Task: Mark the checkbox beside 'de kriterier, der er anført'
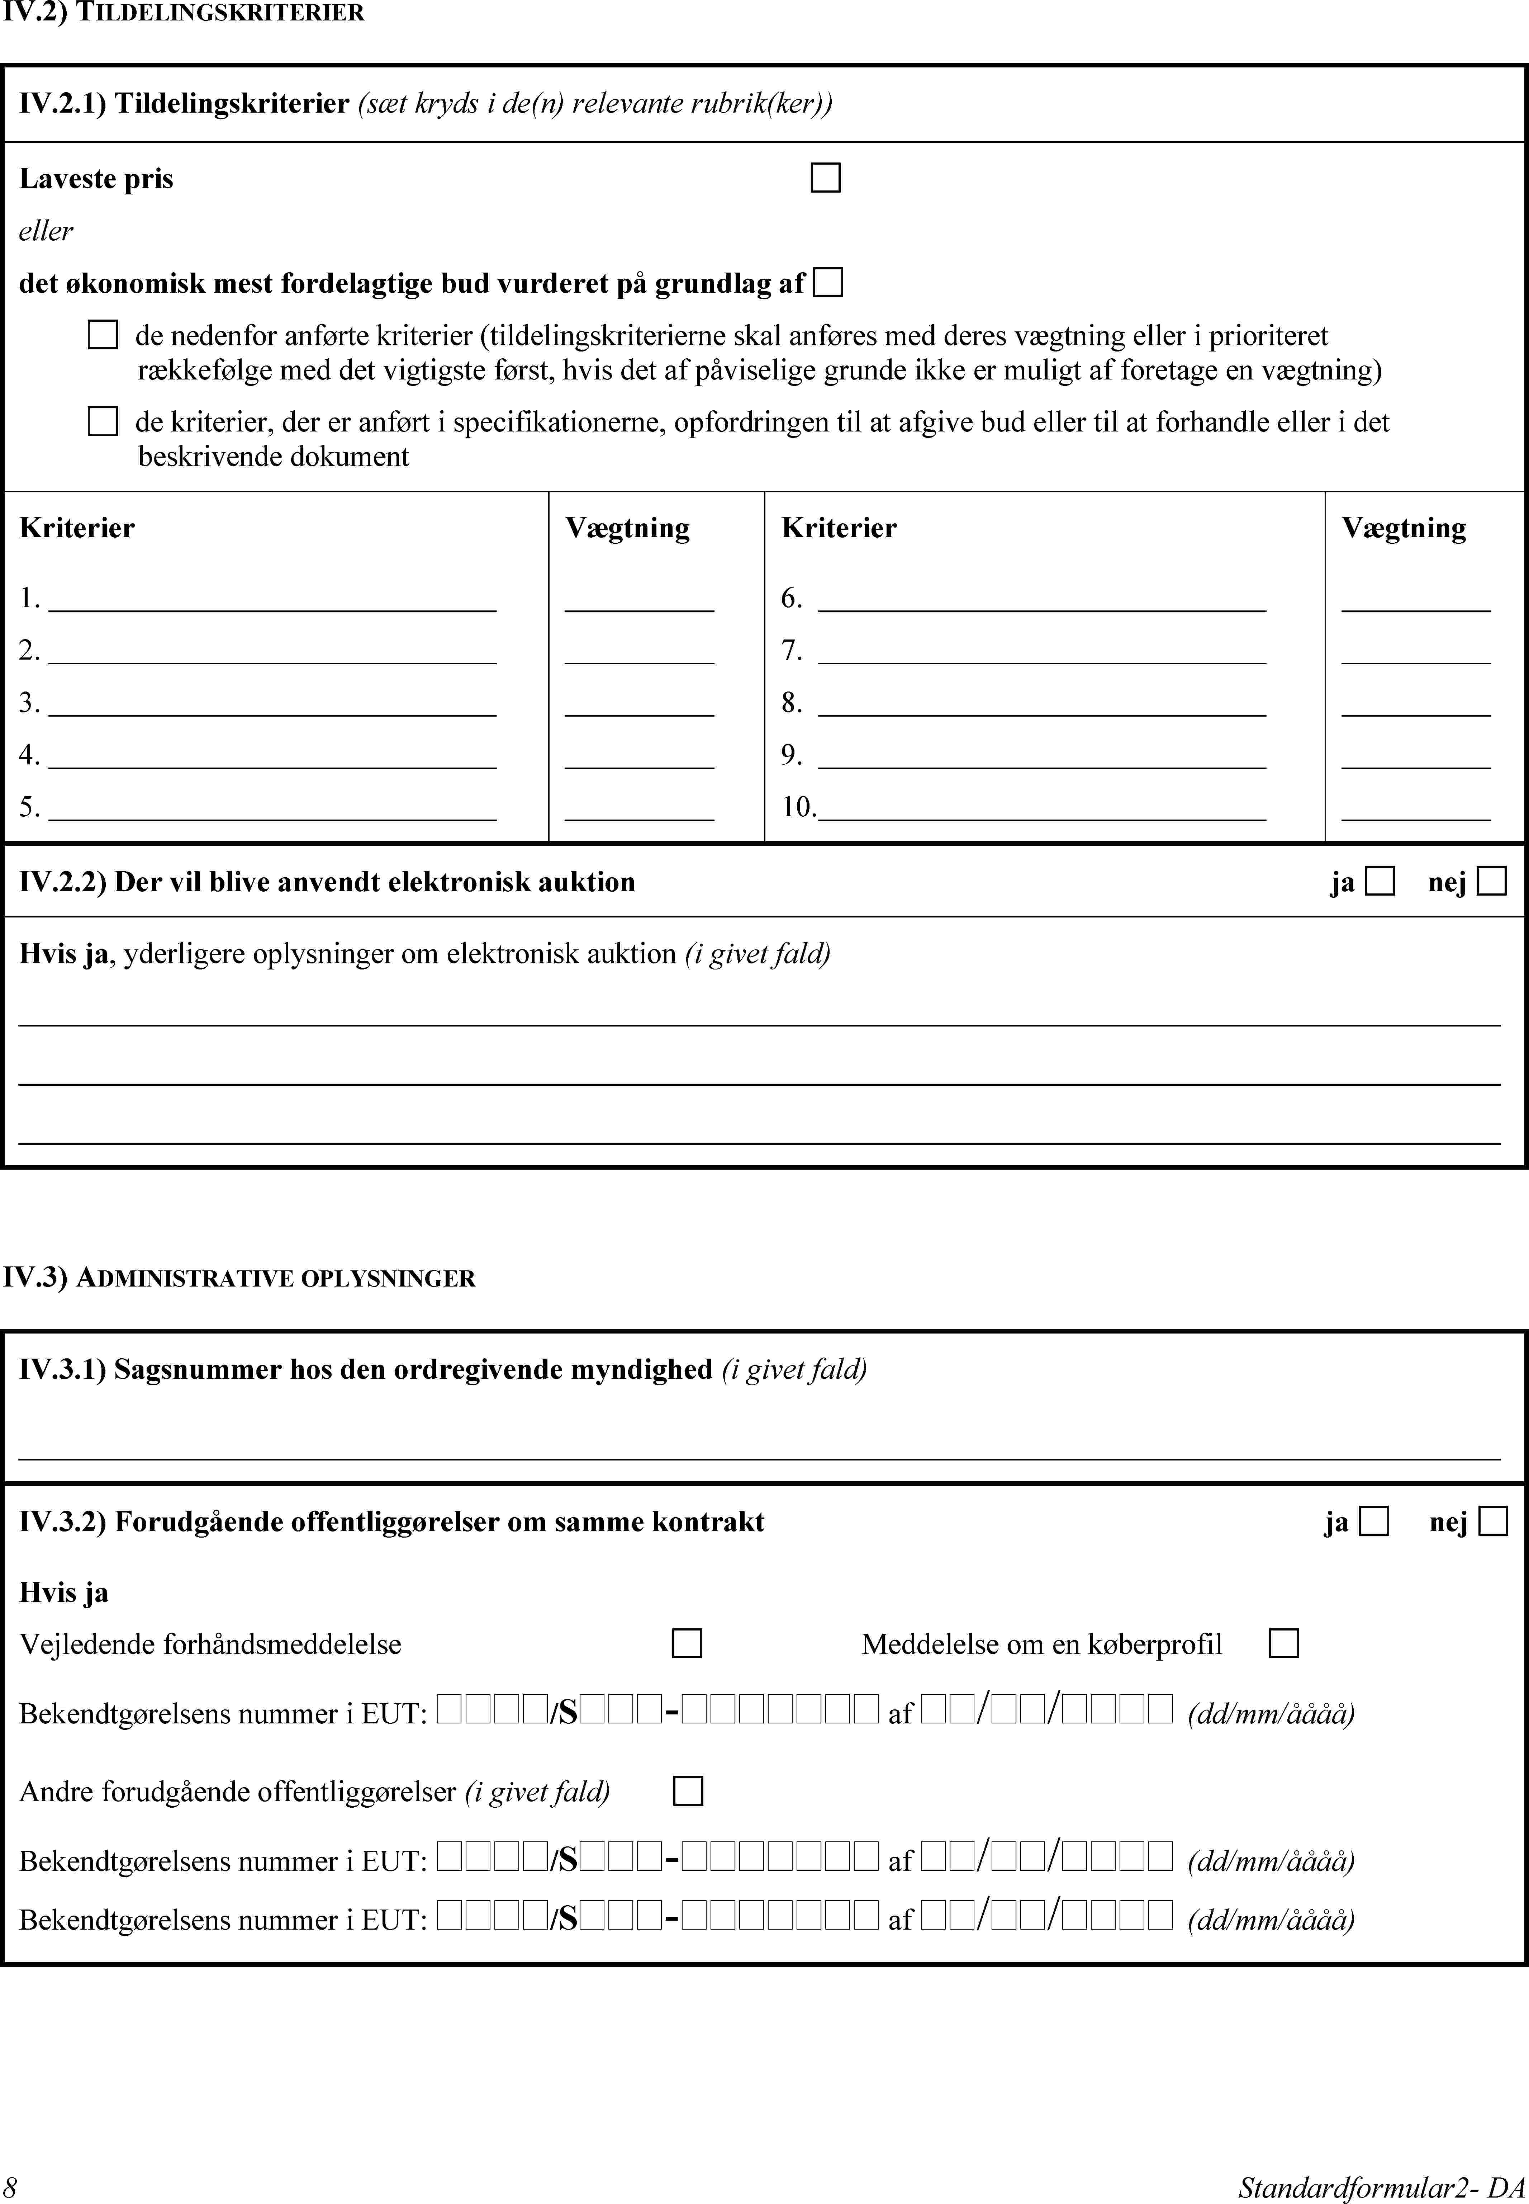(x=103, y=422)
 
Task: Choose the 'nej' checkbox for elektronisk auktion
(x=1492, y=881)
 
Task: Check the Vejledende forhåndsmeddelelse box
(x=687, y=1643)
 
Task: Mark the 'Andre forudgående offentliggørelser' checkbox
(x=688, y=1791)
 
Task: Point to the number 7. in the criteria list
(x=791, y=651)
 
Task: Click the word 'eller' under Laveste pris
(x=46, y=231)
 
